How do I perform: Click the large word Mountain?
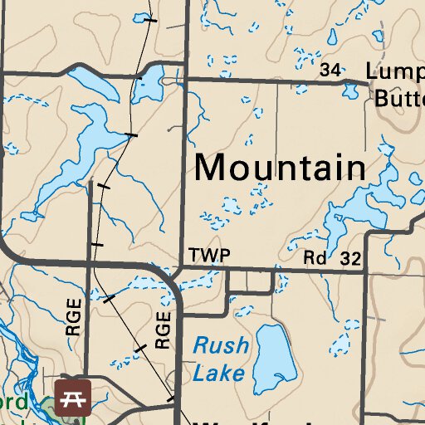click(x=280, y=168)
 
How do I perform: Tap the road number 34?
click(x=330, y=71)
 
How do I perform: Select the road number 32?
click(x=350, y=259)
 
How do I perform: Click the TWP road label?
click(x=208, y=255)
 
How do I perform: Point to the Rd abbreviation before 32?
click(x=315, y=259)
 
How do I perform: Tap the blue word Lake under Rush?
click(x=218, y=373)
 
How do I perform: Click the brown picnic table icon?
click(x=72, y=398)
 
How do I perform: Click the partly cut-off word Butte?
click(x=399, y=98)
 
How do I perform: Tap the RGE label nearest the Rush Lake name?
click(x=162, y=330)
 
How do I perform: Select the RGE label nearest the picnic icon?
click(x=73, y=316)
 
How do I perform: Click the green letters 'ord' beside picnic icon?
click(x=20, y=403)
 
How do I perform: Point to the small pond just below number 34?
click(x=350, y=88)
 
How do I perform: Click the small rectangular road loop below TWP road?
click(x=251, y=282)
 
